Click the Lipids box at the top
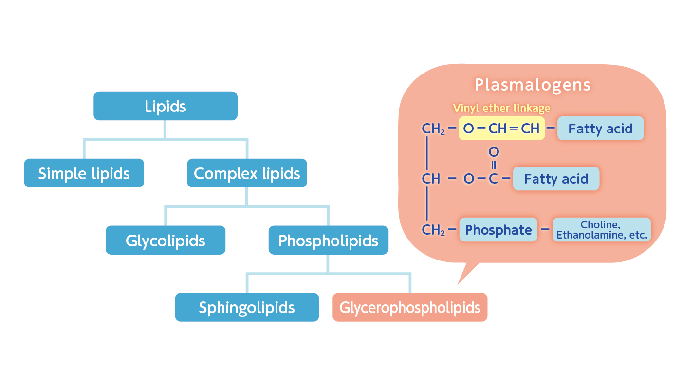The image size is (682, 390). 166,106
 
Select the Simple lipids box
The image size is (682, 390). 84,173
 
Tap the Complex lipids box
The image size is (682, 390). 247,173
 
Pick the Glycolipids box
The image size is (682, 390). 166,241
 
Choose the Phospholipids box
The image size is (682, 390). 328,241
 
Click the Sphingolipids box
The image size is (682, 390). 247,307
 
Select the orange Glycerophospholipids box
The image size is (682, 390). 410,307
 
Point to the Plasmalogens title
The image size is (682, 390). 533,85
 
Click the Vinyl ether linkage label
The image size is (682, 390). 501,108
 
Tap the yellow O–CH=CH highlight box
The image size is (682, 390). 501,129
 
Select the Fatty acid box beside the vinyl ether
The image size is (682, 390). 600,129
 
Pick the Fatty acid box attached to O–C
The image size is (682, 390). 556,179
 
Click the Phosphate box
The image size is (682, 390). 498,230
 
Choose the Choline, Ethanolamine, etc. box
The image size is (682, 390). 602,230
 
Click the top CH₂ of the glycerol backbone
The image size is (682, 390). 433,129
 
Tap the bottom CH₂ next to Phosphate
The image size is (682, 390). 433,230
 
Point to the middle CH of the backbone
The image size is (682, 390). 431,179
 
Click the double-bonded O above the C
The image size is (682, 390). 494,152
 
